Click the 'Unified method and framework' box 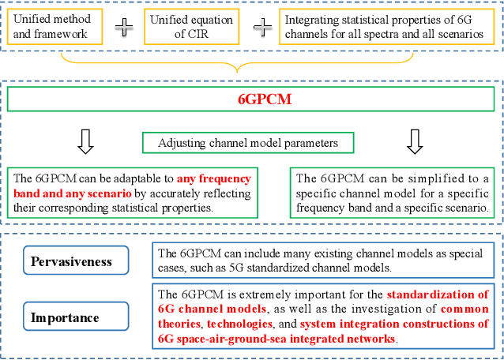tap(55, 26)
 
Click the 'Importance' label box tap(66, 318)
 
